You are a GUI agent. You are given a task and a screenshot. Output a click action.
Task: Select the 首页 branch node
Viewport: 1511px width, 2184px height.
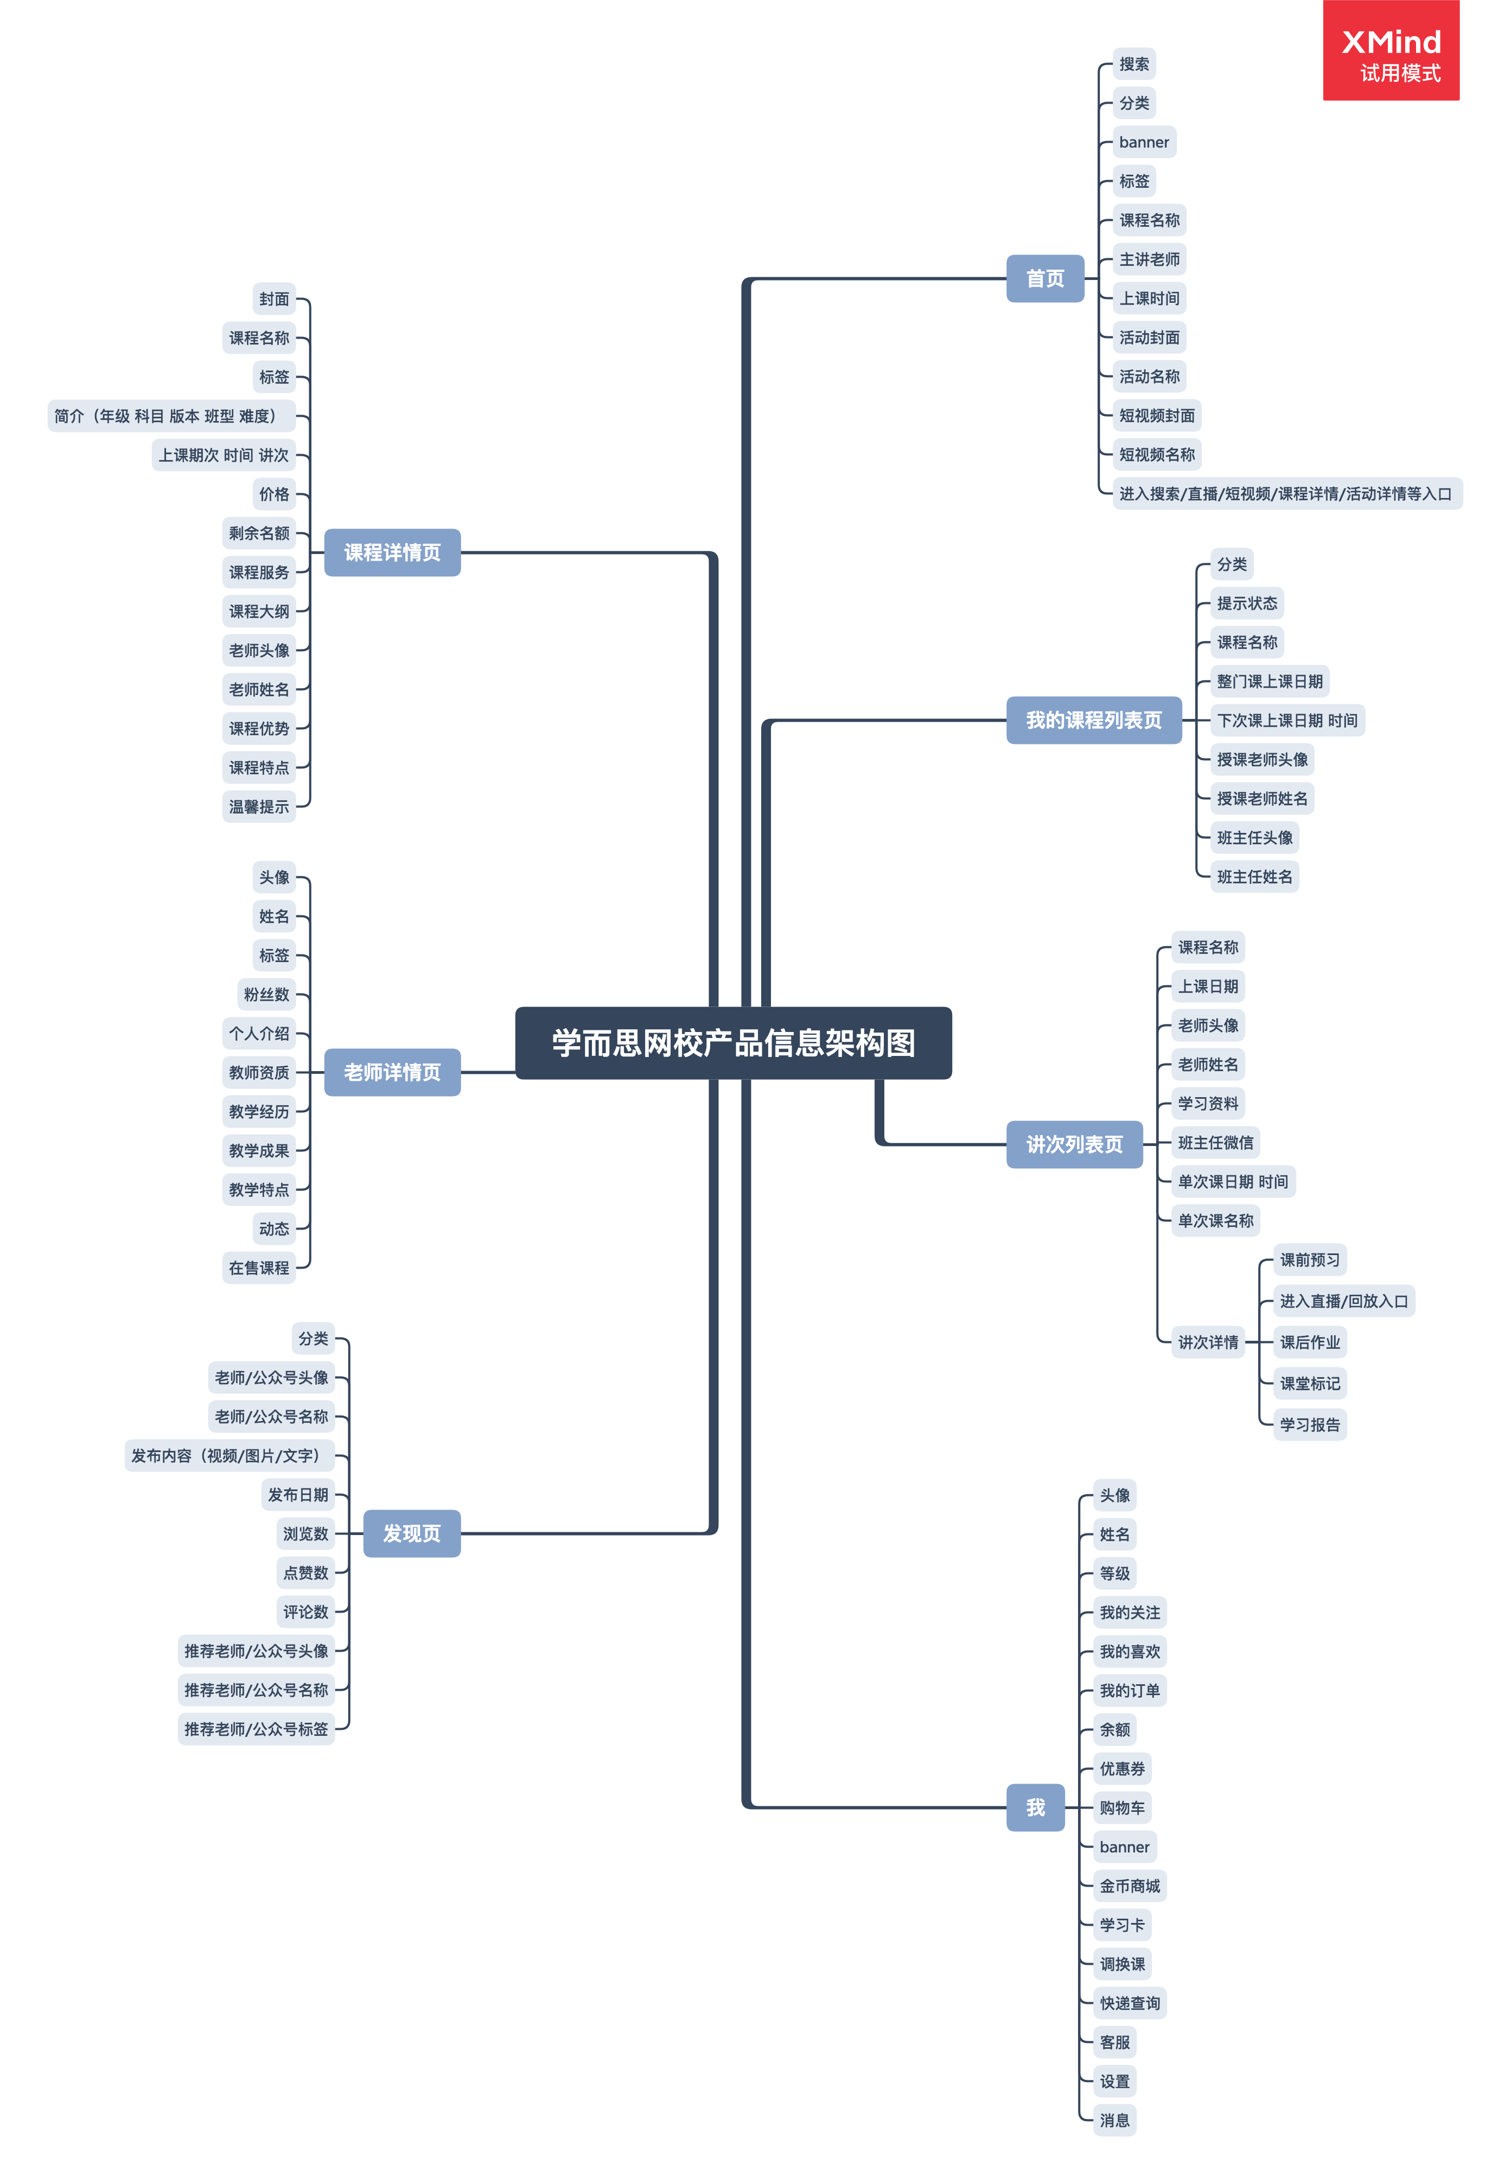[1044, 278]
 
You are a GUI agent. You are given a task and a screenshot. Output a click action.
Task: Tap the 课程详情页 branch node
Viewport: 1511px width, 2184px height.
[392, 552]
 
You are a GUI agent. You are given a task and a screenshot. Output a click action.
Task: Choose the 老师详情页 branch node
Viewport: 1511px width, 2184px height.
[392, 1072]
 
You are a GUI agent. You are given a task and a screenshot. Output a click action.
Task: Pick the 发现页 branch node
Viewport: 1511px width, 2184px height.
[412, 1533]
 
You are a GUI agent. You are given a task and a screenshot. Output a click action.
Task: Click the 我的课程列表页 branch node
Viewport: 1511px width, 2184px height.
[1093, 721]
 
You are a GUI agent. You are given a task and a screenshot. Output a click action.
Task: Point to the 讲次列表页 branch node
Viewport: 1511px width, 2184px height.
[1075, 1144]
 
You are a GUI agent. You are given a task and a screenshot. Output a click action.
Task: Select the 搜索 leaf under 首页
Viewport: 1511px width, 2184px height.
[1133, 65]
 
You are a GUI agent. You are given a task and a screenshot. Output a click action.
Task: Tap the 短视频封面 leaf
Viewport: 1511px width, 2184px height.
[1156, 416]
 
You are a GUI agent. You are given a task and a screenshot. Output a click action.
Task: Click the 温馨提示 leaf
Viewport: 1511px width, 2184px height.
[258, 806]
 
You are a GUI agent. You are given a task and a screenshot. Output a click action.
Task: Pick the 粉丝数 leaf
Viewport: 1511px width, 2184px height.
[266, 994]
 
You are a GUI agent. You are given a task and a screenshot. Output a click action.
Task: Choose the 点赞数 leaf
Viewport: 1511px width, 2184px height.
[305, 1572]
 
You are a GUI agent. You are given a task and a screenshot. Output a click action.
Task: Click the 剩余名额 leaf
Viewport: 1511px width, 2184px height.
[258, 533]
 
